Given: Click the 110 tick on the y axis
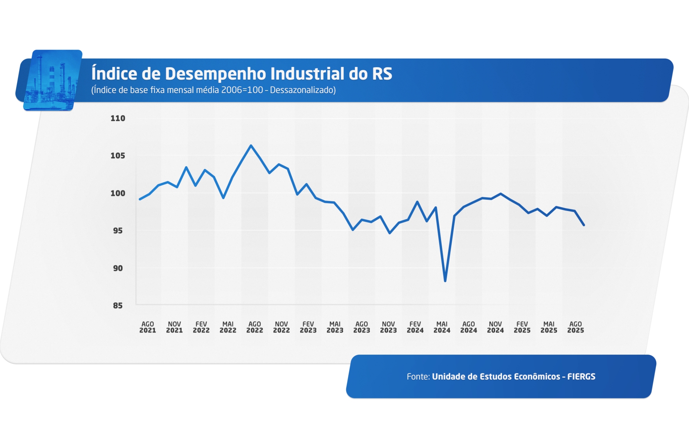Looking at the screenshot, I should pyautogui.click(x=117, y=118).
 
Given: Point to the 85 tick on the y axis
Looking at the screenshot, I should pyautogui.click(x=117, y=305).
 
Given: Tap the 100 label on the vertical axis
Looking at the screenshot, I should pyautogui.click(x=117, y=193).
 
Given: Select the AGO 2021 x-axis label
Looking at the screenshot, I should pyautogui.click(x=147, y=327).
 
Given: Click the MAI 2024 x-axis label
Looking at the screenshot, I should pyautogui.click(x=442, y=327).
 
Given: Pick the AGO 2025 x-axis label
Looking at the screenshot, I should pyautogui.click(x=575, y=327).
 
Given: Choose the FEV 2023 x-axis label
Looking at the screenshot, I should pyautogui.click(x=308, y=327).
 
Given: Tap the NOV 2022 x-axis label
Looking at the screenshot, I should pyautogui.click(x=281, y=327).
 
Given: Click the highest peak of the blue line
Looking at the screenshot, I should pyautogui.click(x=251, y=145).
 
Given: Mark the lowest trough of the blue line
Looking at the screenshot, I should pyautogui.click(x=445, y=281).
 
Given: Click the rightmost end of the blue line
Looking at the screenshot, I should pyautogui.click(x=584, y=225).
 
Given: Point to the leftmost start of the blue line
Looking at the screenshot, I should pyautogui.click(x=140, y=199).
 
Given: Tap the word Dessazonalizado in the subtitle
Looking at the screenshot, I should pyautogui.click(x=302, y=90).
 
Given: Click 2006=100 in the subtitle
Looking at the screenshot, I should pyautogui.click(x=242, y=90).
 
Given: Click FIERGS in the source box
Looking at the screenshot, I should pyautogui.click(x=581, y=376).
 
